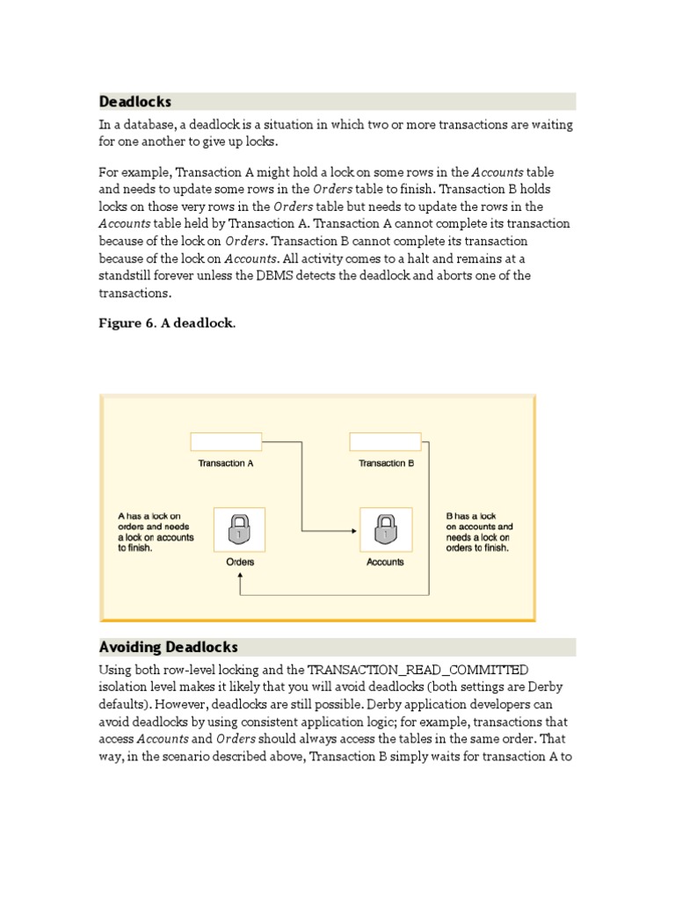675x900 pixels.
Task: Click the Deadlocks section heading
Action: tap(135, 102)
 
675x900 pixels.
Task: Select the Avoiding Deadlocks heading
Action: tap(169, 648)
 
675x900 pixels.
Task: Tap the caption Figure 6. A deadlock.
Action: tap(167, 323)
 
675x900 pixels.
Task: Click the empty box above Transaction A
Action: tap(226, 441)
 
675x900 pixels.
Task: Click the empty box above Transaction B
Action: tap(385, 441)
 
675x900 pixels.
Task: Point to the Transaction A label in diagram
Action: tap(226, 463)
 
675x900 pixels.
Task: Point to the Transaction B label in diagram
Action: tap(386, 463)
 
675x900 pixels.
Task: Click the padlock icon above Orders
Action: tap(240, 530)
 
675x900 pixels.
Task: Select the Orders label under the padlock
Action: tap(240, 562)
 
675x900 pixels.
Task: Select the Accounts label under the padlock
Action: tap(385, 562)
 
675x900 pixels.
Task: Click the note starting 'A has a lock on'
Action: tap(156, 532)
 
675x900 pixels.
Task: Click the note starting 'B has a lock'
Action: tap(479, 532)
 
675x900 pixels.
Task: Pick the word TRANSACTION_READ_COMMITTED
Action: tap(417, 671)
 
